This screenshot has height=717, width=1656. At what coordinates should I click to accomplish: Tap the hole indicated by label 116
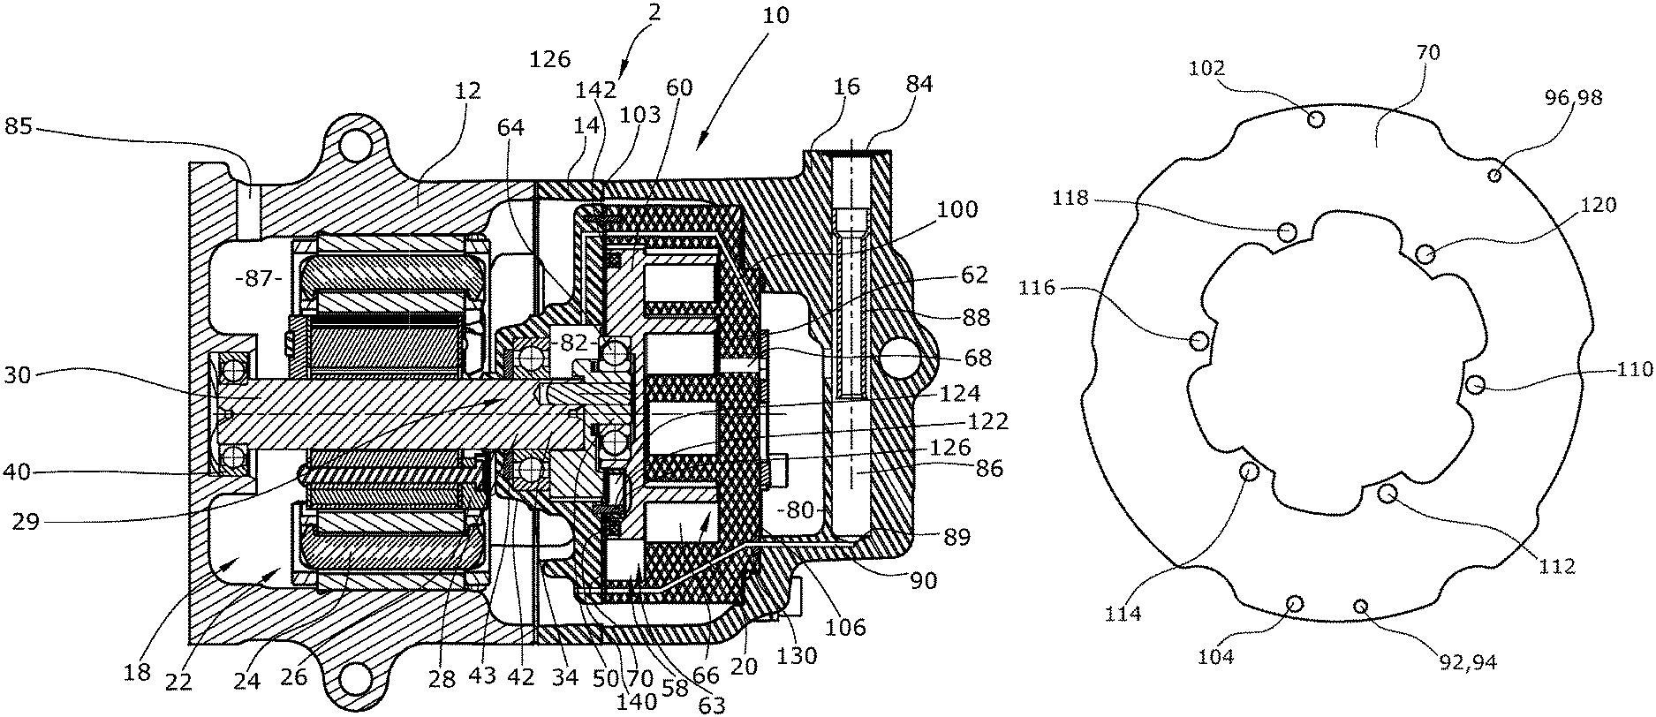(x=1199, y=340)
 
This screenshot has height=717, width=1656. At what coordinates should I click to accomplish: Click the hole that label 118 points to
(x=1288, y=232)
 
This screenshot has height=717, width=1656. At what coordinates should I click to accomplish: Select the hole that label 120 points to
(x=1425, y=254)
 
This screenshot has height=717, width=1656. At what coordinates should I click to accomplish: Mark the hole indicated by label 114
(x=1250, y=472)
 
